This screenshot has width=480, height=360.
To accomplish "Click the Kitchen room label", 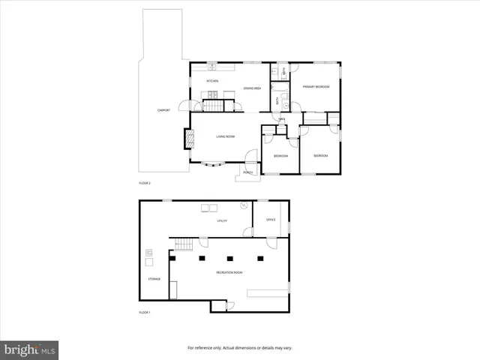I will click(x=212, y=80).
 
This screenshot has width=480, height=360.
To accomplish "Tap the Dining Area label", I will click(x=252, y=88).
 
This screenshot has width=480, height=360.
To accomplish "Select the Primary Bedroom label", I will click(x=316, y=88).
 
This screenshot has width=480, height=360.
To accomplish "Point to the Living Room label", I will click(x=226, y=136).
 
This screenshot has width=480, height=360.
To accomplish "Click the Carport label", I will click(x=163, y=110).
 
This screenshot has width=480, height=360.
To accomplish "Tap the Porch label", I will click(x=248, y=173).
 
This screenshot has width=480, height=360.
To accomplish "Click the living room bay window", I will click(x=214, y=163).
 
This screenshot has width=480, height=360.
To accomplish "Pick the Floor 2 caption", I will click(x=145, y=183).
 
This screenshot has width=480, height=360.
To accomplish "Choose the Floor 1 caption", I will click(x=145, y=312).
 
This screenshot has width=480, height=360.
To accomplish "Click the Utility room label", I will click(x=222, y=221).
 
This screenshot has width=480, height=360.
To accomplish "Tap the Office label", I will click(x=271, y=220).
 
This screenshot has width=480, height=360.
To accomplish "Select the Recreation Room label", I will click(x=229, y=272).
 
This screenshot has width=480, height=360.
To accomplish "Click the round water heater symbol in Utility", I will click(x=244, y=205).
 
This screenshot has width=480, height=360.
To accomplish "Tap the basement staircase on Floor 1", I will click(x=184, y=243).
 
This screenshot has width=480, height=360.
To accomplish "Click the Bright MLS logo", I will click(x=30, y=349).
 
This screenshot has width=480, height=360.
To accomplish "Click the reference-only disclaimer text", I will click(x=239, y=347).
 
